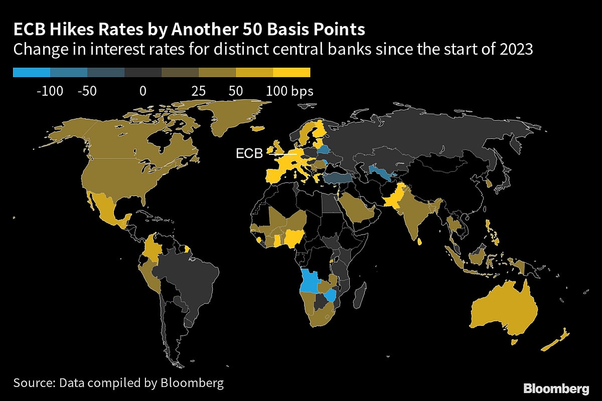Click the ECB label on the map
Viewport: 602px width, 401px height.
(x=249, y=154)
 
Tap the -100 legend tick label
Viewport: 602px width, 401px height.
(x=50, y=91)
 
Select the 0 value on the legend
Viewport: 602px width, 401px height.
(x=143, y=91)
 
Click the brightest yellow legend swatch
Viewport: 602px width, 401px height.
(x=291, y=73)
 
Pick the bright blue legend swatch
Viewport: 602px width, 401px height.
(x=32, y=73)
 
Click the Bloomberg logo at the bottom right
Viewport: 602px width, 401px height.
(x=556, y=388)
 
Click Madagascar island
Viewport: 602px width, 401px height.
(x=360, y=296)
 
